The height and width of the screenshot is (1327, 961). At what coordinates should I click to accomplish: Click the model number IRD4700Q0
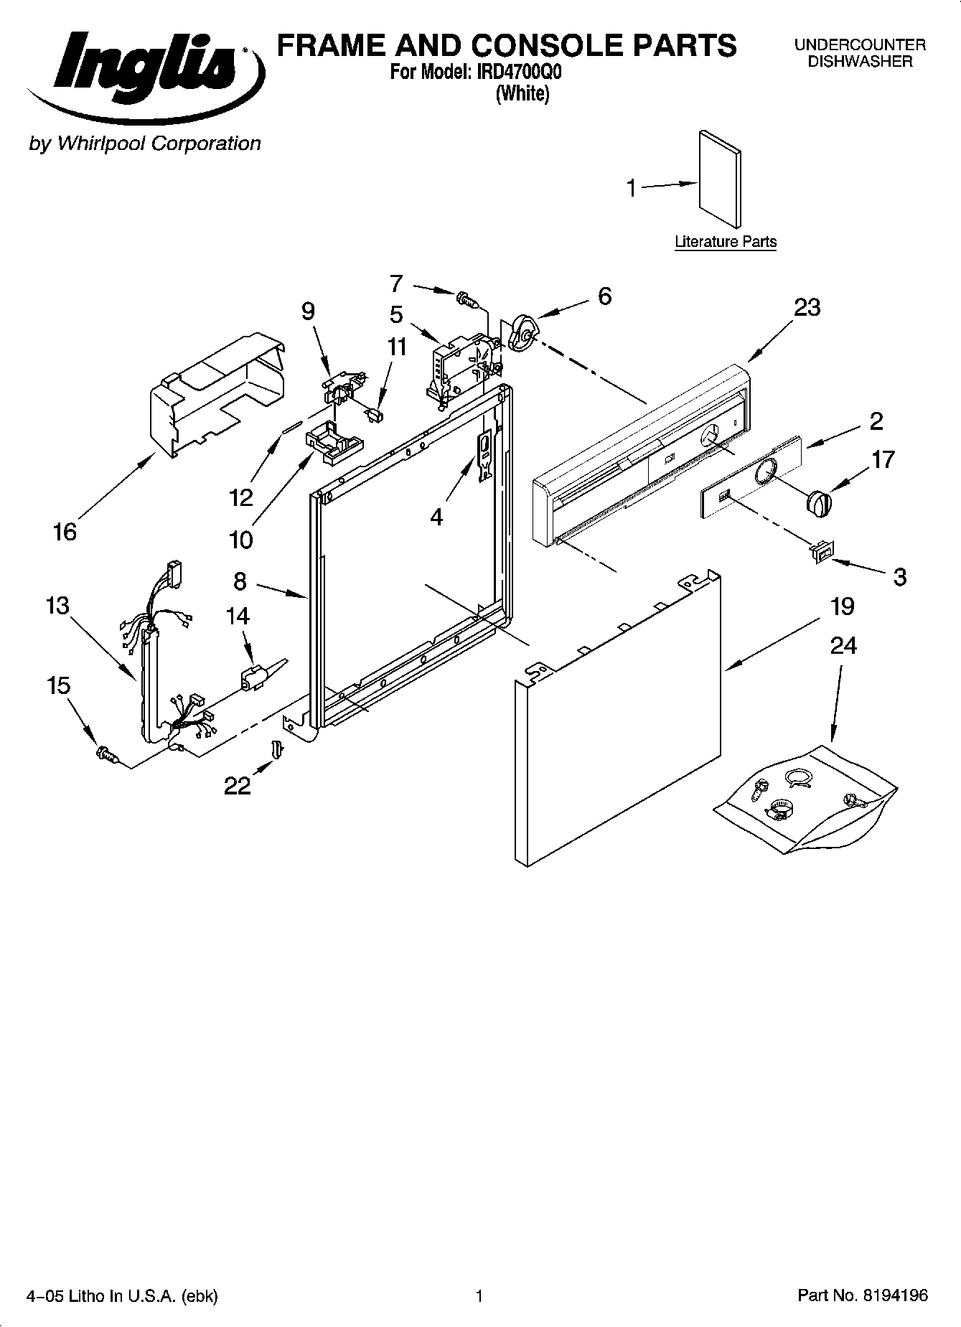[x=515, y=72]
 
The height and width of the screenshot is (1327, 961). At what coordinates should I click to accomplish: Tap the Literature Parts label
[x=726, y=242]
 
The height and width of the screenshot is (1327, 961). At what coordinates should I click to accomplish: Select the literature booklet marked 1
[x=720, y=179]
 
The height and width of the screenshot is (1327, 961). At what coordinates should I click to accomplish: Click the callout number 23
[x=807, y=307]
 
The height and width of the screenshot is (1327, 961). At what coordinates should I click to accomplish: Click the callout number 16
[x=65, y=532]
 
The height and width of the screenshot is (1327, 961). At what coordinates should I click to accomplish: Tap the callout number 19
[x=843, y=606]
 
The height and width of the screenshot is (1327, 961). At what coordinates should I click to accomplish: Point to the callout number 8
[x=240, y=580]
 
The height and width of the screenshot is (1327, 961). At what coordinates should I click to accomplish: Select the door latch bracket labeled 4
[x=485, y=453]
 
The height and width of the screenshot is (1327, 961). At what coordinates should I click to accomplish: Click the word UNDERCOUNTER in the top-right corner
[x=860, y=44]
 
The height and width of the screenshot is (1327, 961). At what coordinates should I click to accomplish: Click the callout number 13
[x=57, y=605]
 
